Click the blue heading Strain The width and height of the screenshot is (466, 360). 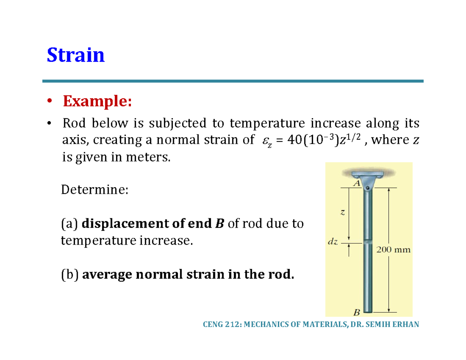(76, 55)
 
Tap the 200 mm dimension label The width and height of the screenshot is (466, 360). (393, 250)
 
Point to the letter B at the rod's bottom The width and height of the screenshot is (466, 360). (356, 312)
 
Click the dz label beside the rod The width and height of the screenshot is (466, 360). (333, 242)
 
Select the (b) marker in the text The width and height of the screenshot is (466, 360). (70, 275)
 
